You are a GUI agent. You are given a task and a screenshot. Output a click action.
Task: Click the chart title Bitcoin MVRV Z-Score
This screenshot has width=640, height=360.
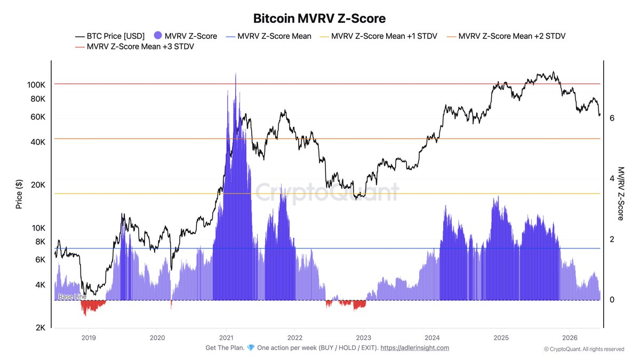(x=319, y=19)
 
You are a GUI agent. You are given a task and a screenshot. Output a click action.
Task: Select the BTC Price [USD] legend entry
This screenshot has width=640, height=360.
(x=110, y=36)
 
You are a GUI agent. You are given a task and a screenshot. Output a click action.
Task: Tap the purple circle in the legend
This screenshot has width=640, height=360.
(x=158, y=35)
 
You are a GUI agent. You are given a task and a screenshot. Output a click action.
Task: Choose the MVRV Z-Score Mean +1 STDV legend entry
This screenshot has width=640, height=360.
(x=379, y=36)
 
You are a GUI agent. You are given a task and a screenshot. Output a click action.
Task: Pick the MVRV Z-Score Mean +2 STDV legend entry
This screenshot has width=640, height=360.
(x=506, y=36)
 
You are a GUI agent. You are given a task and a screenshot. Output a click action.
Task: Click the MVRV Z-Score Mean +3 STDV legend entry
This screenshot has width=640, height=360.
(x=134, y=46)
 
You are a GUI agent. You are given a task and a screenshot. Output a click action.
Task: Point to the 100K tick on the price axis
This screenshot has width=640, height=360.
(x=36, y=85)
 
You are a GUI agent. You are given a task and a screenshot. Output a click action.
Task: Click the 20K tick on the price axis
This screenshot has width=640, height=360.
(x=38, y=185)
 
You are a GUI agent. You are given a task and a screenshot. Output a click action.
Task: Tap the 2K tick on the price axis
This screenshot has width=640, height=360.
(x=41, y=327)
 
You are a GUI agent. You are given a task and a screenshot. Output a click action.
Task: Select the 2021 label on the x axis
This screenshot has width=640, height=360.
(x=226, y=338)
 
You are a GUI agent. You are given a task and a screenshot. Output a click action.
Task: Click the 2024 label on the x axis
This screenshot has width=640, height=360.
(x=433, y=338)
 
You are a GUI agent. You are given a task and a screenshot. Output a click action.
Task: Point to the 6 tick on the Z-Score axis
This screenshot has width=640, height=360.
(x=612, y=118)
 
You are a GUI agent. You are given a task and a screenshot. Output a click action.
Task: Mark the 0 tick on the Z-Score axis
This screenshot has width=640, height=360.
(x=612, y=300)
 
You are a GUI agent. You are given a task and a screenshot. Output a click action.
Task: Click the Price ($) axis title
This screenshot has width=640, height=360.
(x=19, y=194)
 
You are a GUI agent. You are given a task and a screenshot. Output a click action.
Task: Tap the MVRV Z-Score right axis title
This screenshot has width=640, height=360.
(x=621, y=194)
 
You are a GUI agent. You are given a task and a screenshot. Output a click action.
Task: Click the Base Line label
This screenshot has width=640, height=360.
(x=73, y=297)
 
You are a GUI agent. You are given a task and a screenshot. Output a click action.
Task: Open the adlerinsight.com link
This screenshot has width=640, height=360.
(x=414, y=348)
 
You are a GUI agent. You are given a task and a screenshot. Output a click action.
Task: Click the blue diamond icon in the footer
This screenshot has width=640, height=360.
(x=251, y=348)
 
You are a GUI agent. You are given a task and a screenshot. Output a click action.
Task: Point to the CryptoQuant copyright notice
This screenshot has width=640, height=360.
(x=584, y=349)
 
